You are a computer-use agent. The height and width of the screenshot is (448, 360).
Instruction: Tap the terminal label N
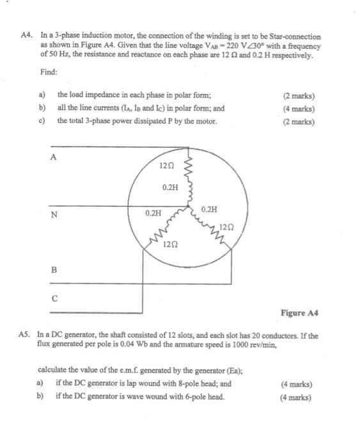coord(54,214)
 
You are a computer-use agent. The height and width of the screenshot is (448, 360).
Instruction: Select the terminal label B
coord(54,271)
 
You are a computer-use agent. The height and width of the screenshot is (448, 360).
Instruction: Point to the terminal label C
coord(54,298)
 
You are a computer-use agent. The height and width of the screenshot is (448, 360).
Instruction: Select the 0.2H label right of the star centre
coord(209,209)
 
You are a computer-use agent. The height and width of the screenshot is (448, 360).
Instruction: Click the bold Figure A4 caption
coord(299,313)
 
